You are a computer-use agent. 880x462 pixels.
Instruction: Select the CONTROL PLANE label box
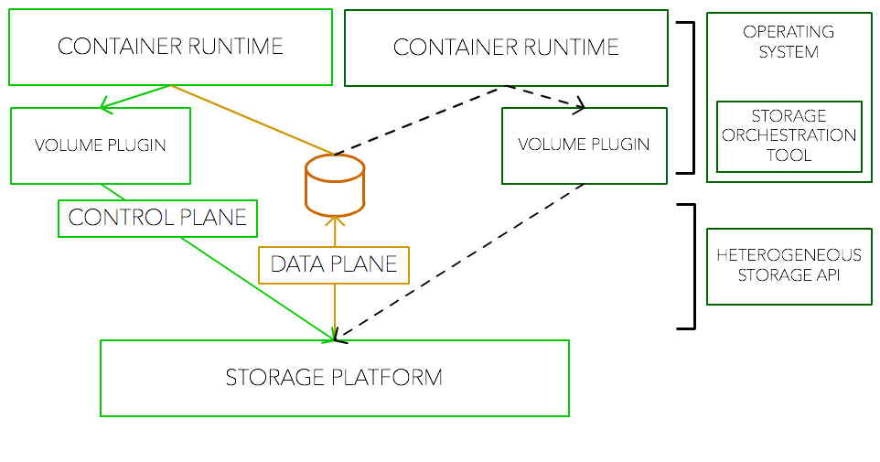[x=157, y=218]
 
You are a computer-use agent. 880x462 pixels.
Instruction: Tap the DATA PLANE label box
[x=334, y=264]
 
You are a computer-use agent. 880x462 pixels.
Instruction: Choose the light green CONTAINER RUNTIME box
[x=170, y=47]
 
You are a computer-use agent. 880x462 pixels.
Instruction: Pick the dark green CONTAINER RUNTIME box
[x=506, y=48]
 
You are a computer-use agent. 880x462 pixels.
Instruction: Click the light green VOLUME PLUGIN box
[x=101, y=145]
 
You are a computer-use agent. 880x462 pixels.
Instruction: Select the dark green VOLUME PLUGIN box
[x=584, y=145]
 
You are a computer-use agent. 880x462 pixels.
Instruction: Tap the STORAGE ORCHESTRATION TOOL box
[x=789, y=136]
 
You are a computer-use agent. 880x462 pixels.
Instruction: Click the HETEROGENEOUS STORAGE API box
[x=789, y=266]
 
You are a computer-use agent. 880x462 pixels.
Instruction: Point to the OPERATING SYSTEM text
[x=789, y=42]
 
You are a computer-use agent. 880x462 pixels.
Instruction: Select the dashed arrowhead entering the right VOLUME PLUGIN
[x=578, y=107]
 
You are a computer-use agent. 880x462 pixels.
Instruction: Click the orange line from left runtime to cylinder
[x=252, y=119]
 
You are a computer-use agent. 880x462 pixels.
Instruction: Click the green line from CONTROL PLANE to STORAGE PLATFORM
[x=256, y=288]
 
